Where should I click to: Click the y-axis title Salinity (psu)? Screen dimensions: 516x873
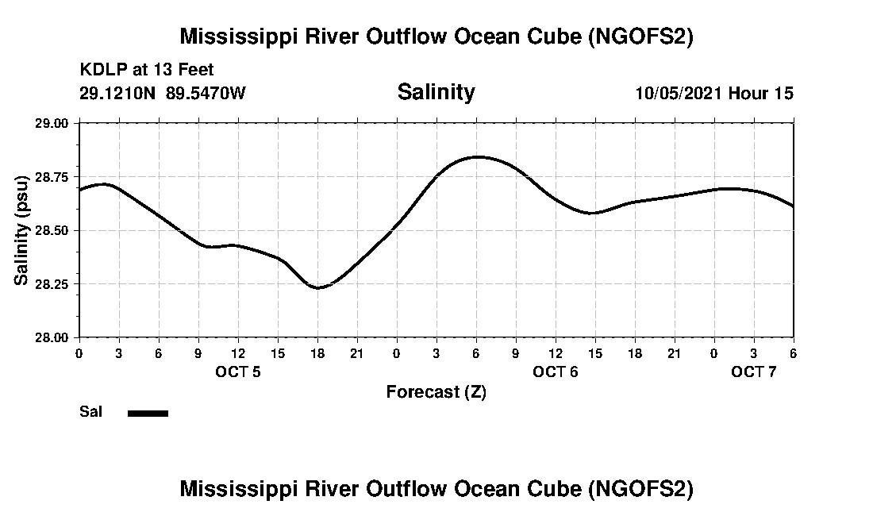click(21, 230)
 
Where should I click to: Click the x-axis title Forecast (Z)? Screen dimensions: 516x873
click(436, 391)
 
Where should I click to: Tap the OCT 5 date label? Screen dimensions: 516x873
click(238, 372)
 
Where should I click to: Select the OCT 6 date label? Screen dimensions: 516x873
click(556, 372)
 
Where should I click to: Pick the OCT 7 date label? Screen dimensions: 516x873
click(754, 372)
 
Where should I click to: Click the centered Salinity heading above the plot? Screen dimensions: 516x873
click(436, 92)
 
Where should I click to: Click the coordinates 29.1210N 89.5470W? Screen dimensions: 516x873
click(163, 93)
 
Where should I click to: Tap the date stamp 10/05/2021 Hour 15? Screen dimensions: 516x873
click(714, 93)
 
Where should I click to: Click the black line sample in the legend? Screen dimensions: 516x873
click(148, 413)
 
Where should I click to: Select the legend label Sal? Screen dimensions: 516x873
click(90, 412)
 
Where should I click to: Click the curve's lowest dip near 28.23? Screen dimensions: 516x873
click(317, 287)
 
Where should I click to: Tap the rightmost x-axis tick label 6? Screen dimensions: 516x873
click(794, 353)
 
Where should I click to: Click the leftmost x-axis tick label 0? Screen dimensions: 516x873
click(79, 353)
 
